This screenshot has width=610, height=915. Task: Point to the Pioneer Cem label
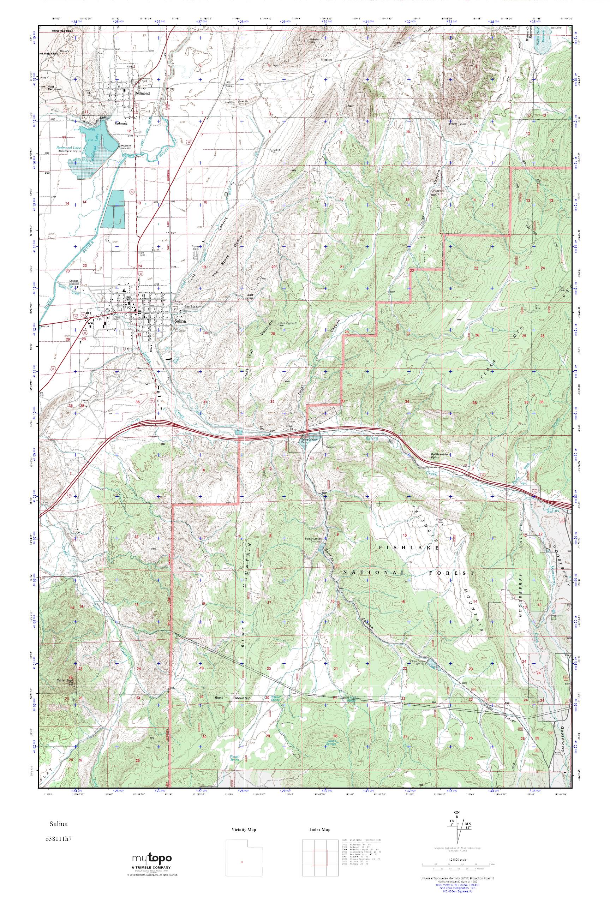[x=196, y=248]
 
